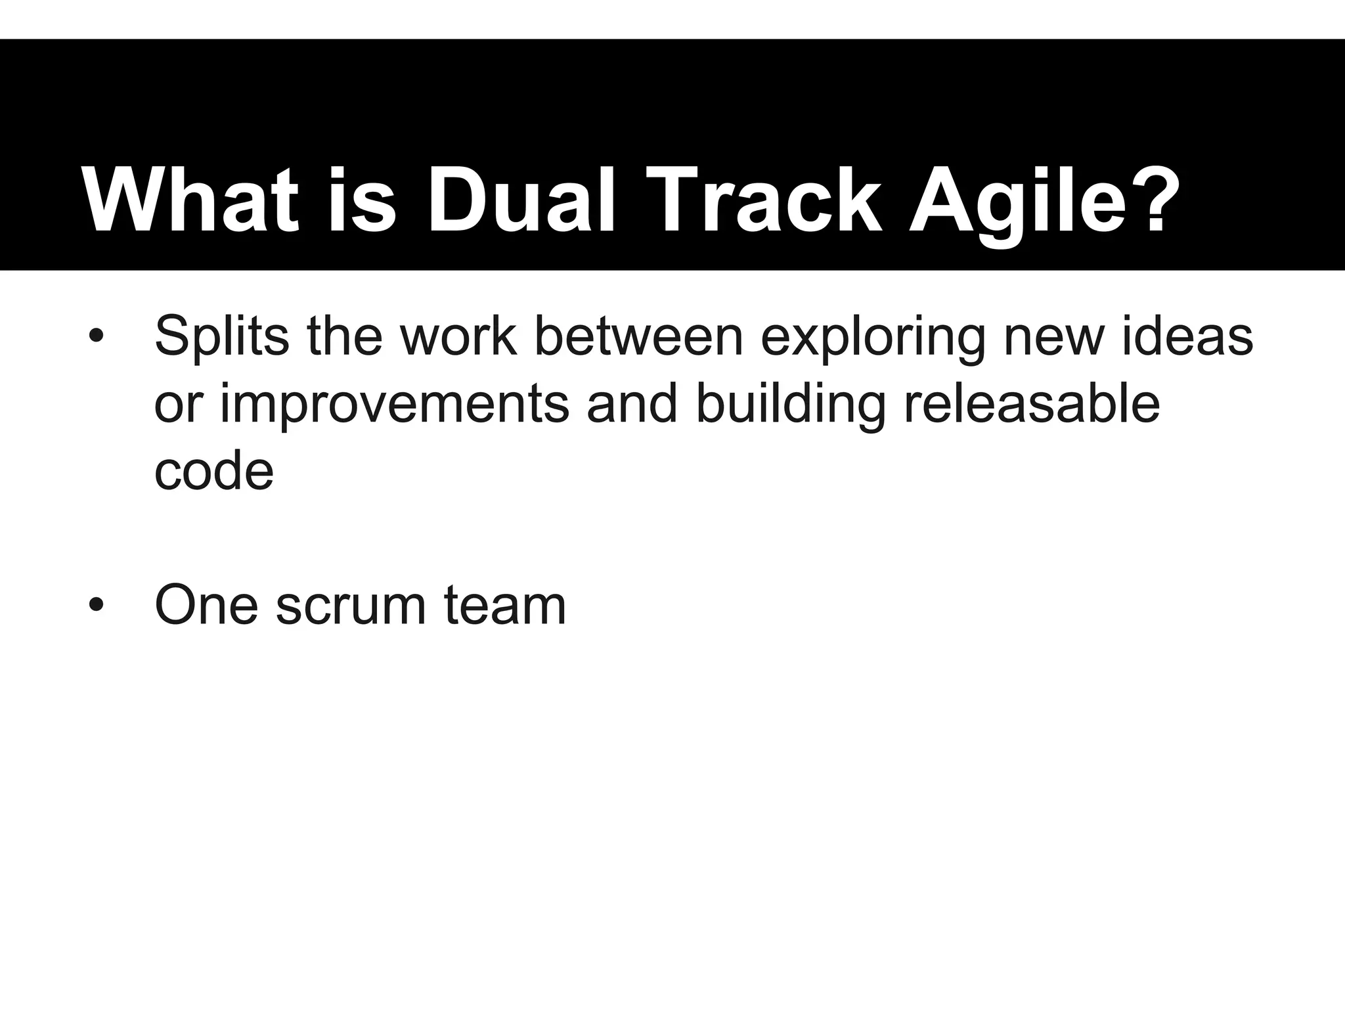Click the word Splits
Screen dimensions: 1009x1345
[221, 337]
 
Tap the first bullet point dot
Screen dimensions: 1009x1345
[97, 337]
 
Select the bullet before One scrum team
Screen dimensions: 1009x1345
[97, 605]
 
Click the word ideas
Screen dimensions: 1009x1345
[1187, 336]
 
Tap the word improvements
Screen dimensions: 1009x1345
[394, 406]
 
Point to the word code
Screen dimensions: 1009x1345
[213, 471]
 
